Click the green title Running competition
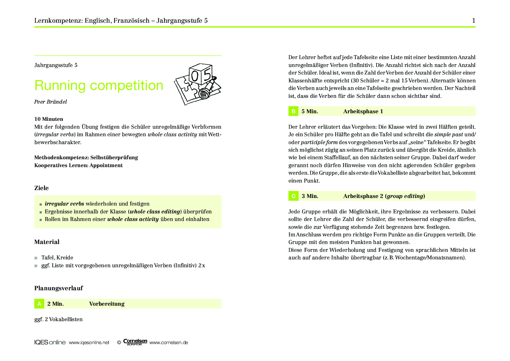(99, 85)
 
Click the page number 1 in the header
(474, 20)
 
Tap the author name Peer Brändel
(51, 102)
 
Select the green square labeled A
(39, 304)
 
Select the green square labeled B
(293, 111)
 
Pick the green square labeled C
(293, 196)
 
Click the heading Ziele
(42, 188)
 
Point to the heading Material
(47, 242)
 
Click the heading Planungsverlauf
(58, 288)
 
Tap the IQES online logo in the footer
(50, 342)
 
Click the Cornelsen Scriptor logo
(135, 342)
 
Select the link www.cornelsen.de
(169, 343)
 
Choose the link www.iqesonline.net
(89, 343)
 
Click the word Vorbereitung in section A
(107, 304)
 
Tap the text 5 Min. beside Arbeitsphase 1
(310, 112)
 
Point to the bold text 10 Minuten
(49, 119)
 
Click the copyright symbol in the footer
(119, 343)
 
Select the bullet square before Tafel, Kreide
(36, 258)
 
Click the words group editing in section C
(405, 196)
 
